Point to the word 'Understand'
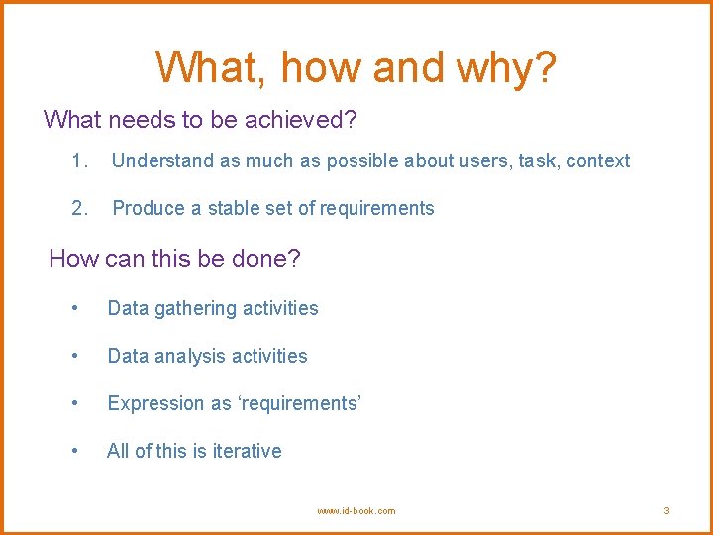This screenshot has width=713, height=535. pyautogui.click(x=159, y=160)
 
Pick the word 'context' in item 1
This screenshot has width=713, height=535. pyautogui.click(x=598, y=160)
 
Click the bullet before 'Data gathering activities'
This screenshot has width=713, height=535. pyautogui.click(x=76, y=308)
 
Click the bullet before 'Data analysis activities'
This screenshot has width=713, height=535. pyautogui.click(x=76, y=356)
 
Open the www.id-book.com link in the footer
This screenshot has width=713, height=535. pyautogui.click(x=356, y=511)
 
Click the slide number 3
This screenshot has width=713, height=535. pyautogui.click(x=666, y=511)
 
